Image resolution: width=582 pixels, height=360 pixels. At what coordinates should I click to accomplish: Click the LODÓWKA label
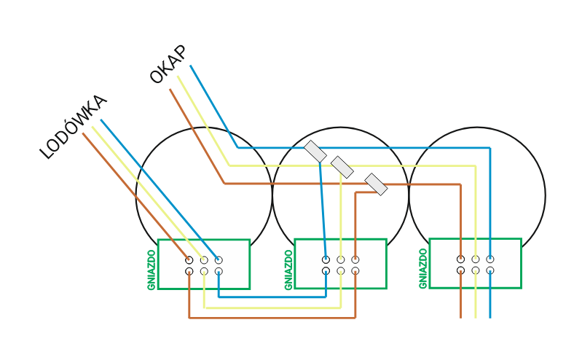click(x=73, y=127)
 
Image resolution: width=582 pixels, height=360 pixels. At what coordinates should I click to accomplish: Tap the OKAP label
click(x=168, y=65)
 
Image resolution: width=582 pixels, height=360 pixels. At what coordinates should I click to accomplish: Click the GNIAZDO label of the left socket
click(x=151, y=270)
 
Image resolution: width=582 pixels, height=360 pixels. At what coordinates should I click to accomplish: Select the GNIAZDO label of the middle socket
click(x=288, y=270)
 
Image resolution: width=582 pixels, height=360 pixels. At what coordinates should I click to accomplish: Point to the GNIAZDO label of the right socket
click(x=423, y=269)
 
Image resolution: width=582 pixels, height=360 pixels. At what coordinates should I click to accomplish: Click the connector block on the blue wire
click(x=315, y=151)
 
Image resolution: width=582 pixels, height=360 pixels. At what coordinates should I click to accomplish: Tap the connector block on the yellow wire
click(x=342, y=167)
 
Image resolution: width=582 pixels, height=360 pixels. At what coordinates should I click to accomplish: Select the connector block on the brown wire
click(x=376, y=184)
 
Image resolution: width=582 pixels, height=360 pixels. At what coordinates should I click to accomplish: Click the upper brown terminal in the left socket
click(x=189, y=259)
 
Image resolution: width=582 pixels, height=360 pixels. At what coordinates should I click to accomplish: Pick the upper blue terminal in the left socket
click(x=219, y=259)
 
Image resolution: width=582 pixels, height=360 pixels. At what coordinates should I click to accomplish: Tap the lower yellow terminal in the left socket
click(x=204, y=271)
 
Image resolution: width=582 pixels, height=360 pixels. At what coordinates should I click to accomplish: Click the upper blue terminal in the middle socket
click(x=326, y=259)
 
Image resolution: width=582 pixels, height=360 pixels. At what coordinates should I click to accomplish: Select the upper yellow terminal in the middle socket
click(x=341, y=259)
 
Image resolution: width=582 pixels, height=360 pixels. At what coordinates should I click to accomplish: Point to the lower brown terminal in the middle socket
click(x=355, y=271)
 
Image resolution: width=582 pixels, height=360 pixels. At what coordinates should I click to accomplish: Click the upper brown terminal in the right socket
click(x=460, y=259)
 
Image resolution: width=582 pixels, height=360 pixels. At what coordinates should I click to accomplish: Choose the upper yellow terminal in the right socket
click(x=476, y=259)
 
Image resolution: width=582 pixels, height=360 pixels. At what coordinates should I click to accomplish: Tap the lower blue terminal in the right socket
click(x=490, y=270)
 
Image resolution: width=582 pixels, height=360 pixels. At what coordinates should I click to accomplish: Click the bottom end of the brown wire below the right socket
click(x=460, y=318)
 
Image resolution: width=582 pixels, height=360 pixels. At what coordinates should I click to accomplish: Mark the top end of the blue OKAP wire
click(x=190, y=66)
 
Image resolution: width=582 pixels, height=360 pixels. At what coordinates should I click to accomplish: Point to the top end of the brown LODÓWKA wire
click(x=83, y=133)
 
